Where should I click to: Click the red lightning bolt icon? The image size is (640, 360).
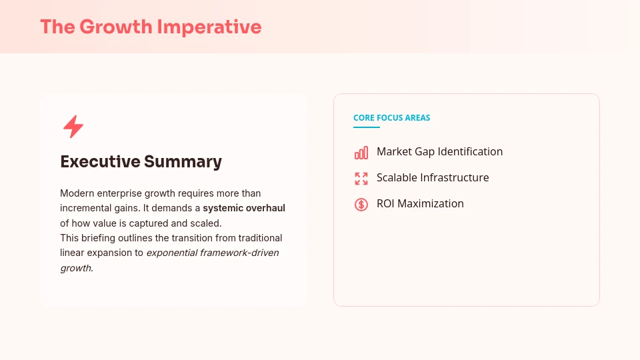click(73, 127)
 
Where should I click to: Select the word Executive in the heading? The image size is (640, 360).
click(100, 161)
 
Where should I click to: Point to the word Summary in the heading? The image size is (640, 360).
click(183, 161)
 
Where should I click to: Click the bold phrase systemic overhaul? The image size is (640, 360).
click(244, 208)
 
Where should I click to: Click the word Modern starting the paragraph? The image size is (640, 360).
click(76, 193)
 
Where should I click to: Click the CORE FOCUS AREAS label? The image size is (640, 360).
click(391, 118)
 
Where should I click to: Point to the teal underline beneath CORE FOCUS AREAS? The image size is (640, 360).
click(367, 127)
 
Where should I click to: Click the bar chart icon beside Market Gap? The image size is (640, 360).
click(361, 153)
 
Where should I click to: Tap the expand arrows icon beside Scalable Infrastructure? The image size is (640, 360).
click(361, 179)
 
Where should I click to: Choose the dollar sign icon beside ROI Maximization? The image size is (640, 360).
click(361, 205)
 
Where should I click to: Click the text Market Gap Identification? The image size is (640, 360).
click(439, 152)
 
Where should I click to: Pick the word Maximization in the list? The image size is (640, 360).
click(431, 204)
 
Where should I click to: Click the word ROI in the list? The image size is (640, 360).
click(385, 204)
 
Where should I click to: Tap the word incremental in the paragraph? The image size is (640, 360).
click(86, 208)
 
